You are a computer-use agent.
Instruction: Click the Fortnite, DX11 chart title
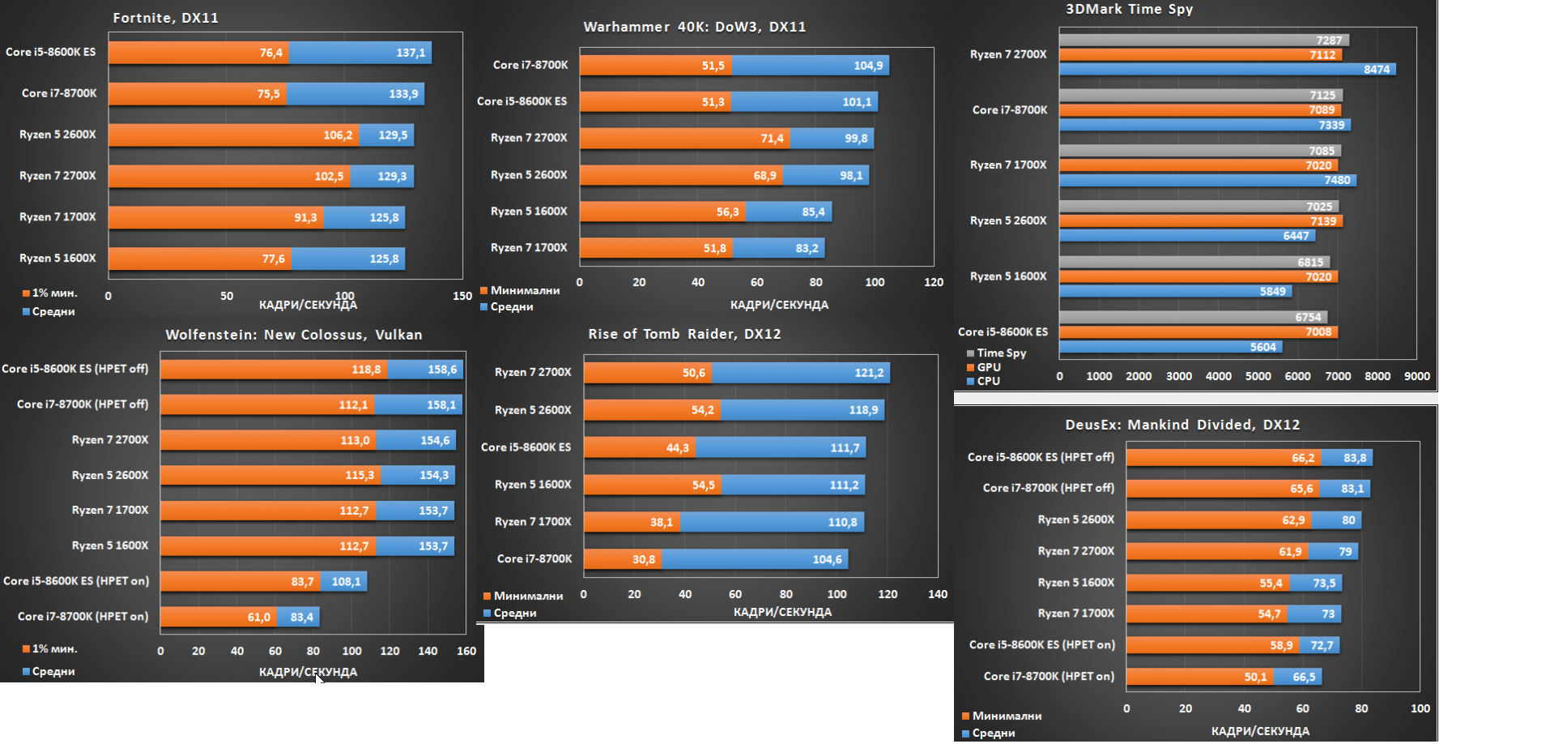[x=165, y=18]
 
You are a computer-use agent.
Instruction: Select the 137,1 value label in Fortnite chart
[x=411, y=53]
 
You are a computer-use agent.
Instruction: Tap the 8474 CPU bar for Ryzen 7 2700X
[x=1226, y=70]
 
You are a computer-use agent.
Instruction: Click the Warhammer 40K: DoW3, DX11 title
[x=694, y=27]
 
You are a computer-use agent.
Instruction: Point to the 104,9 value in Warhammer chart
[x=868, y=66]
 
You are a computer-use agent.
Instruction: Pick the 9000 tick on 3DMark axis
[x=1416, y=376]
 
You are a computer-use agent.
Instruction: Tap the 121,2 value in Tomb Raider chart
[x=869, y=373]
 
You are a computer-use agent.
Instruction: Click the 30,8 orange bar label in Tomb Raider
[x=644, y=559]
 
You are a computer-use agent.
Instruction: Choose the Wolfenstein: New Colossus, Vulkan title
[x=293, y=335]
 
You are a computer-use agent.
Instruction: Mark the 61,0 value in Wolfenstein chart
[x=259, y=618]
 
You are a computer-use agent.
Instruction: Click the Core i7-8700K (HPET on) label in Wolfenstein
[x=83, y=617]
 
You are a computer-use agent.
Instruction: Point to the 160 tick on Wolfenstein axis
[x=466, y=651]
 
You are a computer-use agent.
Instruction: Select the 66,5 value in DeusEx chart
[x=1304, y=678]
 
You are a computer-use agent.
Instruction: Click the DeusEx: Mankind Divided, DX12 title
[x=1182, y=425]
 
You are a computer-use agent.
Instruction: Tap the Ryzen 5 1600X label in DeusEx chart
[x=1075, y=583]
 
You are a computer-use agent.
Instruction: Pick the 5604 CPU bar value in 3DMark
[x=1263, y=347]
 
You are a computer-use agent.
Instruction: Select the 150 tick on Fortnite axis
[x=462, y=296]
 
